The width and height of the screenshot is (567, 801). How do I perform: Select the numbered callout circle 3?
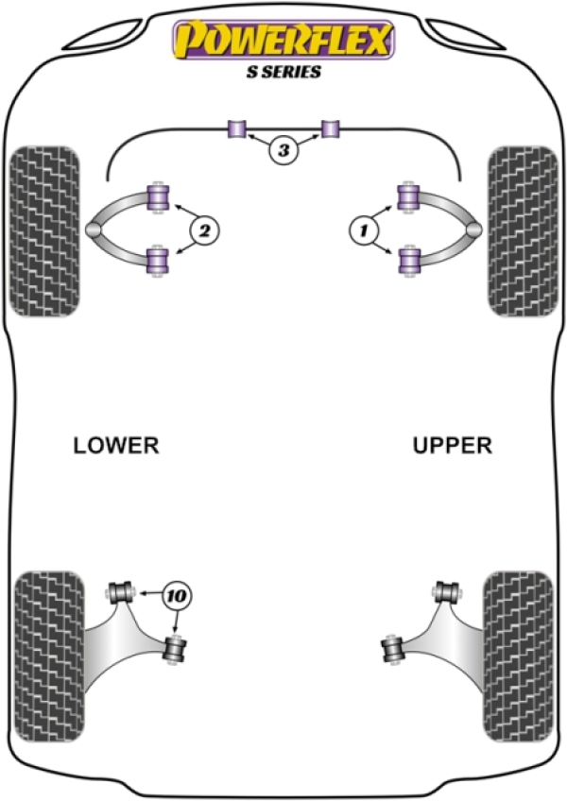click(283, 149)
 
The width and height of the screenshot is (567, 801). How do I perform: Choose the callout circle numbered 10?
click(176, 595)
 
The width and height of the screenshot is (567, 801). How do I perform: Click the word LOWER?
click(116, 445)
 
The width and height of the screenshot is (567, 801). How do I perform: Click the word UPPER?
click(453, 445)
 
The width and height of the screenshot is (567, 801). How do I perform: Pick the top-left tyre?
click(44, 231)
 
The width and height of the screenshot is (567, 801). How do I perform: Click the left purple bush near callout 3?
click(237, 128)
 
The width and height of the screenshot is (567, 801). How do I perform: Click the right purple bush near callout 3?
click(330, 128)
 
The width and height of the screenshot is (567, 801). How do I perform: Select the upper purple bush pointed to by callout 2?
click(160, 197)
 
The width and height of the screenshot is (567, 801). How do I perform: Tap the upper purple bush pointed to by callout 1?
click(408, 197)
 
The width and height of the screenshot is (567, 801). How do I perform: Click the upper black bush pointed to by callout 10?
click(120, 593)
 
